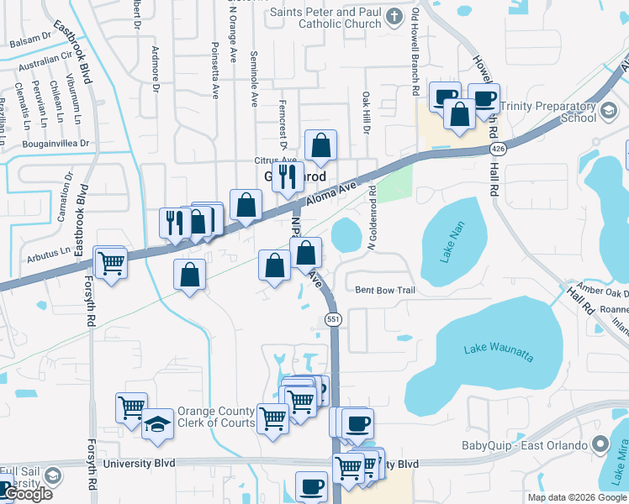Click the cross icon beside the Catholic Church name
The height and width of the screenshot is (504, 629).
394,16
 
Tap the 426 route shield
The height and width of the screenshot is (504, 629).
497,149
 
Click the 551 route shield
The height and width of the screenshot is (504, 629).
333,319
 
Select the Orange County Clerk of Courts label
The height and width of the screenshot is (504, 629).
215,417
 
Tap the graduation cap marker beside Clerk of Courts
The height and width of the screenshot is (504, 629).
157,425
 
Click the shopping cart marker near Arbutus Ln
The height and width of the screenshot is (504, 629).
111,263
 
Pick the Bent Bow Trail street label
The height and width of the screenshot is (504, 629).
385,290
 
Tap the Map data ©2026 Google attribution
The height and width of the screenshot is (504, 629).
576,497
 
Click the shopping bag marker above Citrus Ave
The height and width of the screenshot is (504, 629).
321,146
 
